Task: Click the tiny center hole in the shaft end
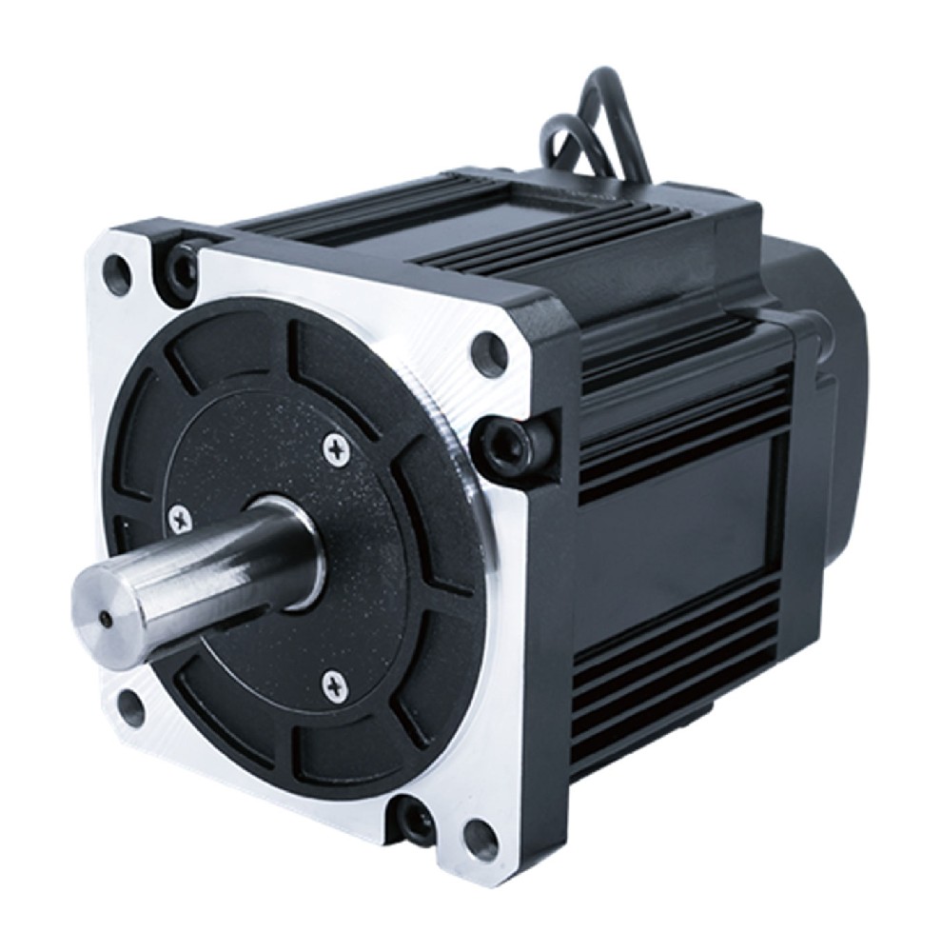(x=107, y=619)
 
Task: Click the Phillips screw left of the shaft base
(x=177, y=519)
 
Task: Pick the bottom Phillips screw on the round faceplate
(x=333, y=682)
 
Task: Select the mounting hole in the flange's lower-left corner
(x=130, y=709)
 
